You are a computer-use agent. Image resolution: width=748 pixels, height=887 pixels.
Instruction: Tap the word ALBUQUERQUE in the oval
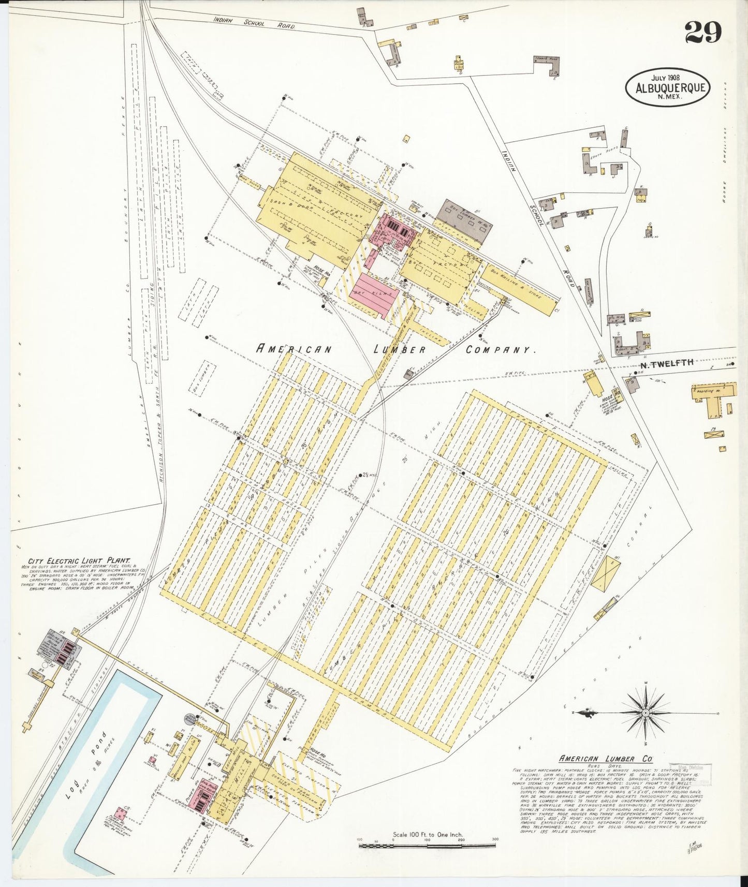[x=667, y=87]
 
